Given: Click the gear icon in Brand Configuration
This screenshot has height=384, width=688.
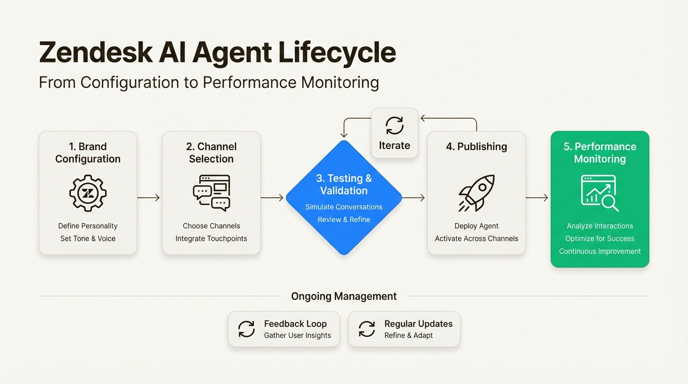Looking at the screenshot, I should coord(88,193).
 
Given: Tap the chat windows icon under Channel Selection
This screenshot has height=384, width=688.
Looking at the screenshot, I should coord(211,193).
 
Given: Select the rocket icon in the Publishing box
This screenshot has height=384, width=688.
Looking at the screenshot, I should coord(476,193).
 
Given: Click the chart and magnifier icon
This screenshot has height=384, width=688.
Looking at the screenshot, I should coord(599,193).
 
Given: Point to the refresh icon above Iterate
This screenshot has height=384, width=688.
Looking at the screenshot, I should coord(394,125).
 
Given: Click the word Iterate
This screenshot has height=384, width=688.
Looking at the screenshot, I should coord(394,145).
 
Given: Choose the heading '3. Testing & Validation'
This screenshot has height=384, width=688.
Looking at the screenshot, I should coord(344,184).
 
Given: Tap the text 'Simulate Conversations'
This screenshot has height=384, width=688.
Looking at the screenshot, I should coord(344,207).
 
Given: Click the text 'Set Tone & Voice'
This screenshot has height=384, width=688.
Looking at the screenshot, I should coord(88,238).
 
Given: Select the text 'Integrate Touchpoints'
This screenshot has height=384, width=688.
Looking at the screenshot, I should coord(211,238).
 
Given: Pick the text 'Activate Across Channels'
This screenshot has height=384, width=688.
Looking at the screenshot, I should coord(476,238).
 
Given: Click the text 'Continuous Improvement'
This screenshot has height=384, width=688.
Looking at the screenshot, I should coord(600,251).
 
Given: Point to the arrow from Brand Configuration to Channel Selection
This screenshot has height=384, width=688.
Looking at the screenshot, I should coord(148,198).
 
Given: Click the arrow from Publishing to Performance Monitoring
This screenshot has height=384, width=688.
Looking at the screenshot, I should coord(537,198).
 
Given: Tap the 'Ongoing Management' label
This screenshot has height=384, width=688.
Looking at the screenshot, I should coord(344,296).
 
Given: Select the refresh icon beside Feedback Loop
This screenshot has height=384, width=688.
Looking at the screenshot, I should coord(246,329).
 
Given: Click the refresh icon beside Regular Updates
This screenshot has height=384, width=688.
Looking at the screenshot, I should coord(367,329).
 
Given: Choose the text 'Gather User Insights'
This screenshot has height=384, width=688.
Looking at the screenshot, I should coord(297,335).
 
